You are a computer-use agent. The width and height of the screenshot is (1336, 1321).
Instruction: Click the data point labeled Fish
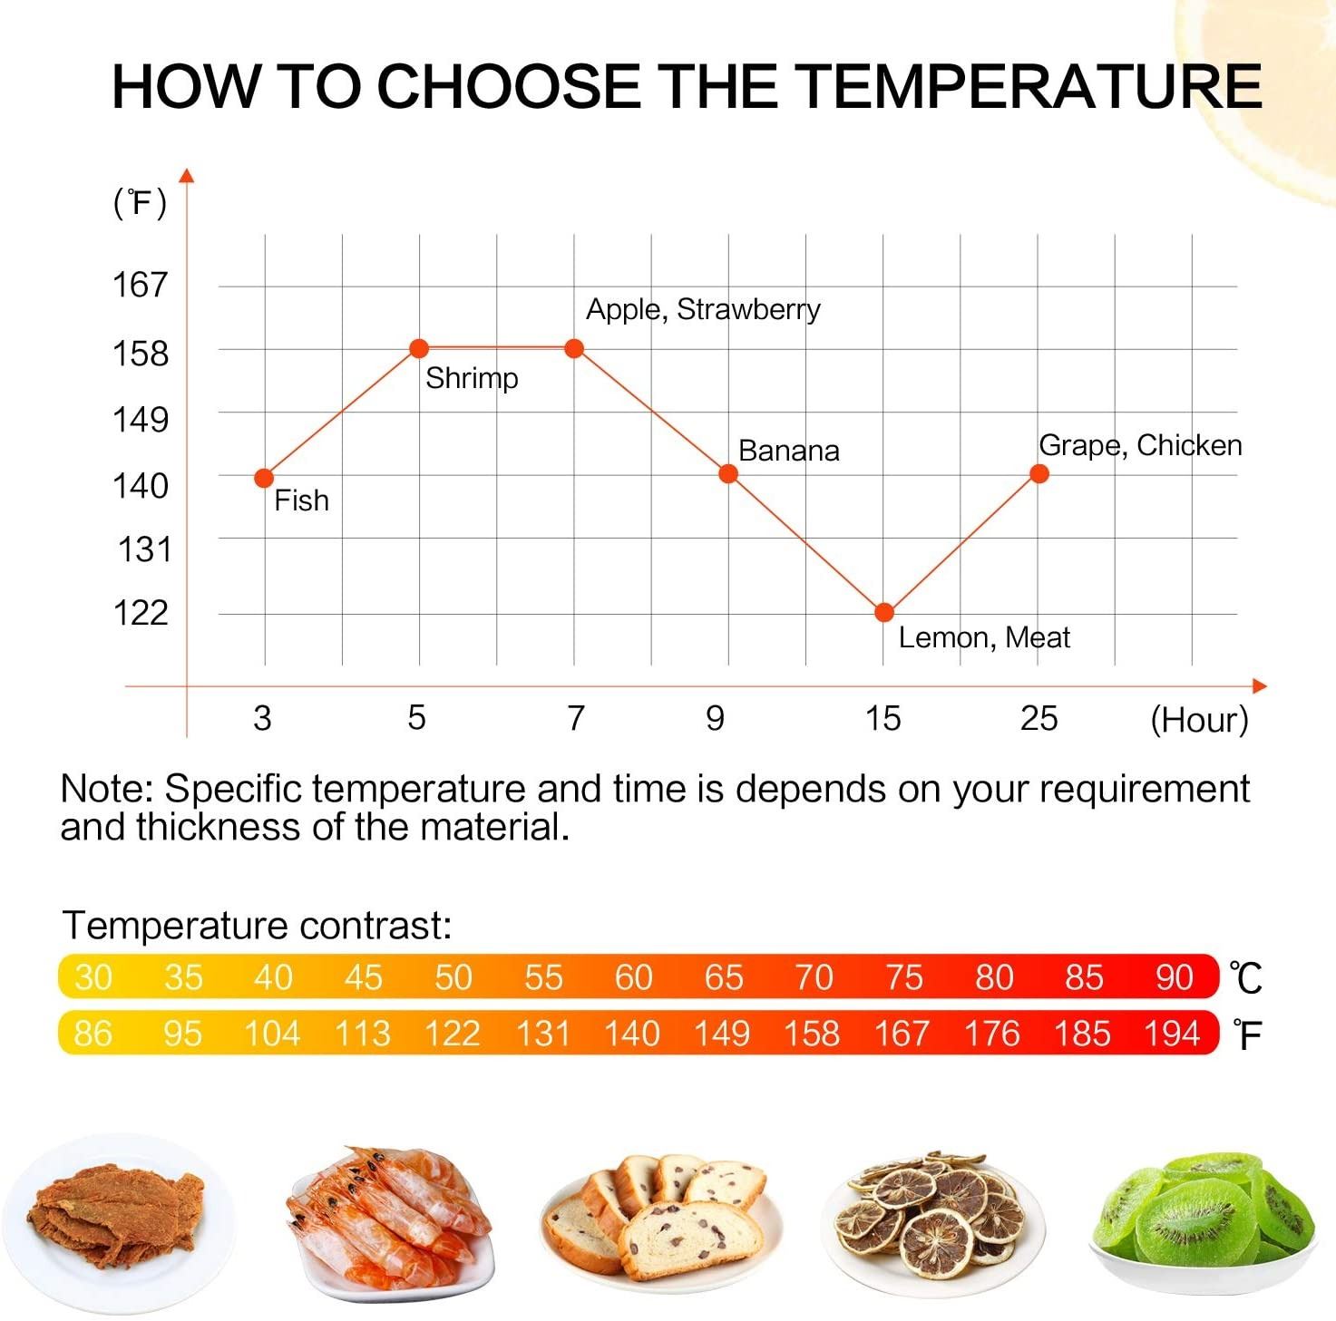click(264, 478)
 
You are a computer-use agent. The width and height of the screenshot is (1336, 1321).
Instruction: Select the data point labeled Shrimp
click(419, 348)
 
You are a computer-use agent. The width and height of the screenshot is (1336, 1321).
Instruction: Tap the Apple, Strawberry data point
click(574, 348)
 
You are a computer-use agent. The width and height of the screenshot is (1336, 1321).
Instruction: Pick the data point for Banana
click(727, 473)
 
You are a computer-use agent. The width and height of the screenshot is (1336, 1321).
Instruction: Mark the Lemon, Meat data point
click(884, 613)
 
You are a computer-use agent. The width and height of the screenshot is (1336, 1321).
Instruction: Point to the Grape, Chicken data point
click(1039, 473)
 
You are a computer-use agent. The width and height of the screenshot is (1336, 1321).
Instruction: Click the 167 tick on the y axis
click(141, 285)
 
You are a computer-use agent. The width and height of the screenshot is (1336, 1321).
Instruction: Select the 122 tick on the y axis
click(141, 613)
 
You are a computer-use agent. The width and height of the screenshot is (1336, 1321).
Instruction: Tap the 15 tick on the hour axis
click(883, 719)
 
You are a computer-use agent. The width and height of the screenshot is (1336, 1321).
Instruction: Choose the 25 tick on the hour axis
click(1039, 719)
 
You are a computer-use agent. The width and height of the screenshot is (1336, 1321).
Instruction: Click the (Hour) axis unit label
click(1199, 720)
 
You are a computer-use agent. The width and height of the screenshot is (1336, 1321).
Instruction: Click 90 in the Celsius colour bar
click(1174, 977)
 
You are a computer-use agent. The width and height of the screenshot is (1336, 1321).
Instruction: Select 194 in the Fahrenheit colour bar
click(1172, 1034)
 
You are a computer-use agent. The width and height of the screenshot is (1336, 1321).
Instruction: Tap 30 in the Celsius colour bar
click(93, 977)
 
